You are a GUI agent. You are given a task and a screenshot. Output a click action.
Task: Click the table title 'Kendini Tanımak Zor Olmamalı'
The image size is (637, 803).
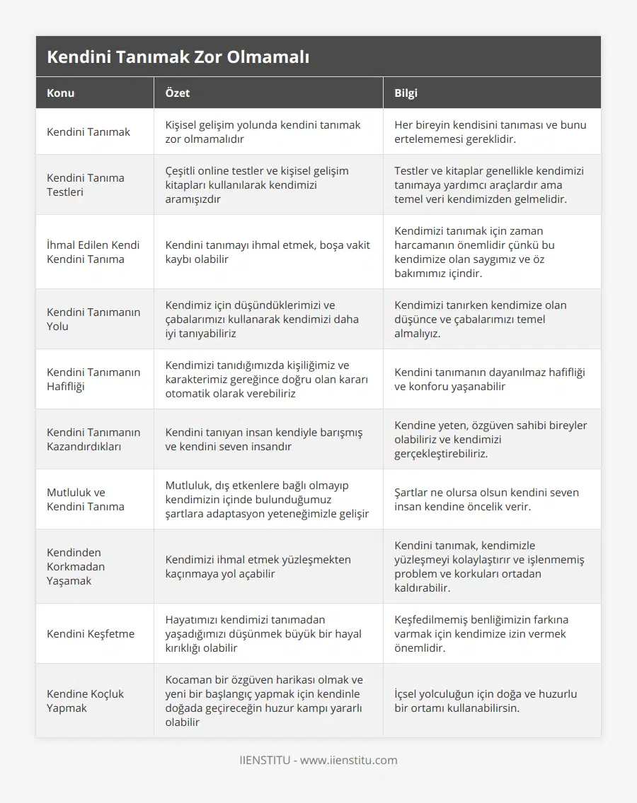coord(178,57)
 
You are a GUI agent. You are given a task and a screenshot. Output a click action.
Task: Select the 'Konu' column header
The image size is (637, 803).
coord(61,93)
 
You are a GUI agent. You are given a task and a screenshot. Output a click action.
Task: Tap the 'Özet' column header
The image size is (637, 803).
coord(177,93)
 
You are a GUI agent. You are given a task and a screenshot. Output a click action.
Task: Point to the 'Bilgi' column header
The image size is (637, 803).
coord(406,93)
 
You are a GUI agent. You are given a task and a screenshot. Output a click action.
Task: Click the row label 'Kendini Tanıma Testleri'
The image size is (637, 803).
coord(86,184)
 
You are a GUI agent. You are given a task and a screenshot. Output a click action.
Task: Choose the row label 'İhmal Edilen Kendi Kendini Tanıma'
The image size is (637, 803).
coord(93,252)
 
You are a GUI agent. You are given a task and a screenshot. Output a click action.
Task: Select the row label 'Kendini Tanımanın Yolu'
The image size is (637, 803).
coord(93,319)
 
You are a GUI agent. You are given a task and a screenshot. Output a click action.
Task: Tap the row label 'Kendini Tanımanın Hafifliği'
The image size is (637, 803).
coord(93,379)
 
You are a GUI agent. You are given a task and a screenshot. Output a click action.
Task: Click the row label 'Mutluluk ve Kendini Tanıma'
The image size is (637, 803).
coord(86,499)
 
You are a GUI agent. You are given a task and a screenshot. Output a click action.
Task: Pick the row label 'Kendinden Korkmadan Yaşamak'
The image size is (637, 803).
coord(76,566)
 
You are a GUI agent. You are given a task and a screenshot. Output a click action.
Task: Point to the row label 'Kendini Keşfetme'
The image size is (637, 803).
coord(91,633)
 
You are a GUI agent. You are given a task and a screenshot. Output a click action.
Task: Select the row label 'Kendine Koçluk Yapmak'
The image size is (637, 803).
coord(85,701)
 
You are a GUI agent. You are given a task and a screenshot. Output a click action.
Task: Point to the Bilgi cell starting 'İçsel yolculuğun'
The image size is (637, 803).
coord(485,701)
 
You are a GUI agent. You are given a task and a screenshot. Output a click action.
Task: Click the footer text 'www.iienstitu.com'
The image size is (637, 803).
coord(349,761)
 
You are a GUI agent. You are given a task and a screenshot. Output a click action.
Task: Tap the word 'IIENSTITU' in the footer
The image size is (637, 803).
coord(265,761)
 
